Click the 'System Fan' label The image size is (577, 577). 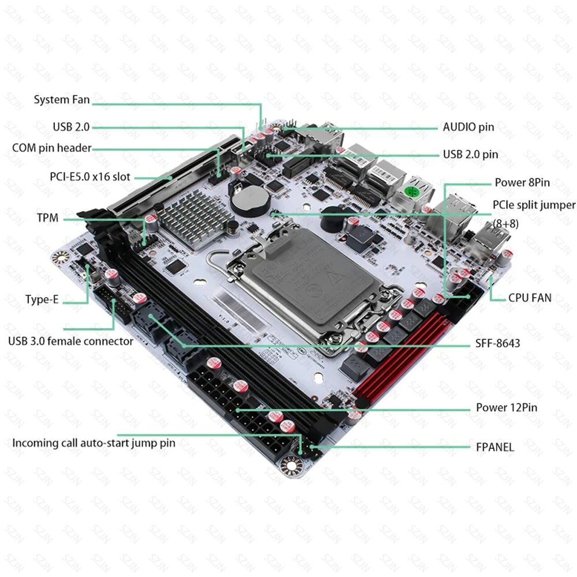click(x=62, y=100)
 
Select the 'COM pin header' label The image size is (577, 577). click(x=52, y=148)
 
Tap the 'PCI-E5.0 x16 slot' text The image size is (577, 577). click(x=90, y=177)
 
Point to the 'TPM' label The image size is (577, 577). click(x=47, y=219)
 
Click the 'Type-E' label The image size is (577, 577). click(x=42, y=299)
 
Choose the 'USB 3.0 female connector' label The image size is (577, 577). click(x=70, y=341)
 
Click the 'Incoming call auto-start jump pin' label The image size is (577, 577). click(x=94, y=443)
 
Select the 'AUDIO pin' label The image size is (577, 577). click(x=468, y=128)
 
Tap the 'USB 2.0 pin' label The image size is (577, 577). click(x=470, y=154)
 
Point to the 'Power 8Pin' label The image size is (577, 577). click(x=522, y=183)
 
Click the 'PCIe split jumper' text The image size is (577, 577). click(x=533, y=205)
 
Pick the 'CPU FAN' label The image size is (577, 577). click(x=530, y=298)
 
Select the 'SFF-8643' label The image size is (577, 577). click(x=498, y=343)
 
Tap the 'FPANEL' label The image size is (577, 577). click(x=494, y=447)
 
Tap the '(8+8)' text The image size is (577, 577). click(x=505, y=223)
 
